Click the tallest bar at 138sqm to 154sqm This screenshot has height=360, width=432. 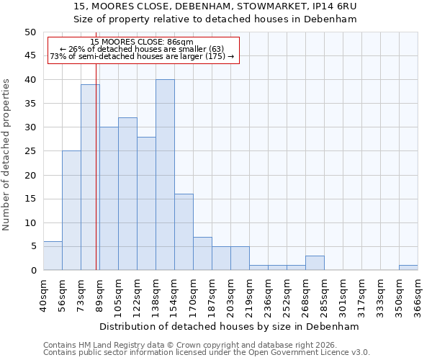pyautogui.click(x=165, y=175)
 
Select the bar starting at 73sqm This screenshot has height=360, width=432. pyautogui.click(x=90, y=177)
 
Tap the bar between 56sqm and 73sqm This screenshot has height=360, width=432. pyautogui.click(x=71, y=210)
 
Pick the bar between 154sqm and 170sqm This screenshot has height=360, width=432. pyautogui.click(x=184, y=232)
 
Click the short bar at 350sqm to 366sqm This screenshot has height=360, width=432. pyautogui.click(x=408, y=268)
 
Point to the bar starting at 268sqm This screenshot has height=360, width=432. pyautogui.click(x=315, y=263)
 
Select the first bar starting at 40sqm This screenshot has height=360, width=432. pyautogui.click(x=53, y=256)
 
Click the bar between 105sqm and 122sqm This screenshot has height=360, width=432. pyautogui.click(x=127, y=194)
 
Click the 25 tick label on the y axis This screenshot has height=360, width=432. pyautogui.click(x=30, y=151)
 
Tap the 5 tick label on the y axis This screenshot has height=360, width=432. pyautogui.click(x=32, y=247)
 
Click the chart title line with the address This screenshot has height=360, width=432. pyautogui.click(x=215, y=6)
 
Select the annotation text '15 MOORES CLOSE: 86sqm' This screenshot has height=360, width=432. pyautogui.click(x=142, y=42)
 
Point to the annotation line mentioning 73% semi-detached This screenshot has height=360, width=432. pyautogui.click(x=142, y=56)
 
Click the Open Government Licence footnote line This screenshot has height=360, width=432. pyautogui.click(x=207, y=353)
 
